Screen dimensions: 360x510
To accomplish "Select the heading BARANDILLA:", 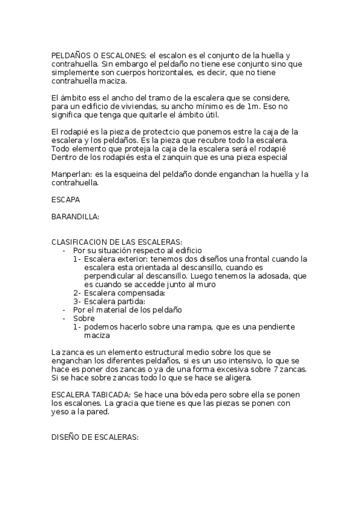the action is [75, 215].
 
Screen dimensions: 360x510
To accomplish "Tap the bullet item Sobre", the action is [84, 318].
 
